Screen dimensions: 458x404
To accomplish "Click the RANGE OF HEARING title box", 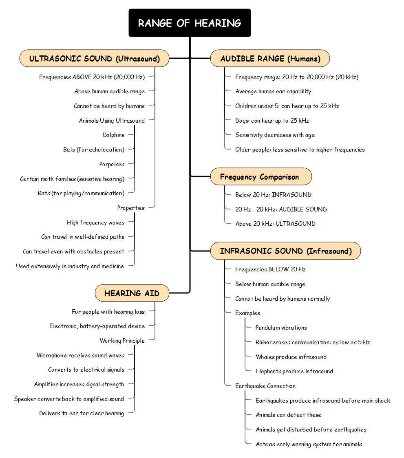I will click(190, 23).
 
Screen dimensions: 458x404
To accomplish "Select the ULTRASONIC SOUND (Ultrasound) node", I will click(95, 59).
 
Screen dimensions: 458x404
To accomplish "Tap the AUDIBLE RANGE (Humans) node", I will click(270, 59).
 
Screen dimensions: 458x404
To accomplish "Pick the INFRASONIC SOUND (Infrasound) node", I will click(285, 251).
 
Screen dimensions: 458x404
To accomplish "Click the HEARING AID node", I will click(132, 293).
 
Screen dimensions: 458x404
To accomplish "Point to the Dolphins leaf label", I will click(113, 135).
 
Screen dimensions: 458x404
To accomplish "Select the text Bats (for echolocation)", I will click(94, 150).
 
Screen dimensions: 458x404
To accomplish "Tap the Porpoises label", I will click(112, 164).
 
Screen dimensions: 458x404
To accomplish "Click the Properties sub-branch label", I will click(131, 208).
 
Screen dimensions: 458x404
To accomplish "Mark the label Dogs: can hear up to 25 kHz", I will click(272, 121).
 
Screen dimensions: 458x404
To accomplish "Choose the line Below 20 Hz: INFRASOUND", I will click(273, 195).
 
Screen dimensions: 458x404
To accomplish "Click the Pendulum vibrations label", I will click(281, 328).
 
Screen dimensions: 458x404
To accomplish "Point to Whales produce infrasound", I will click(291, 357).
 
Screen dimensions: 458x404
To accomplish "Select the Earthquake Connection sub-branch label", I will click(265, 386).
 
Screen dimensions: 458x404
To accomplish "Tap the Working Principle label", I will click(122, 341).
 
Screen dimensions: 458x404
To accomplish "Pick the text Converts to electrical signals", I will click(86, 370).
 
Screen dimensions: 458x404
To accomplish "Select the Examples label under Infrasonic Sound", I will click(247, 313).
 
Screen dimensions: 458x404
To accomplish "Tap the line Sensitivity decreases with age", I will click(275, 135).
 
